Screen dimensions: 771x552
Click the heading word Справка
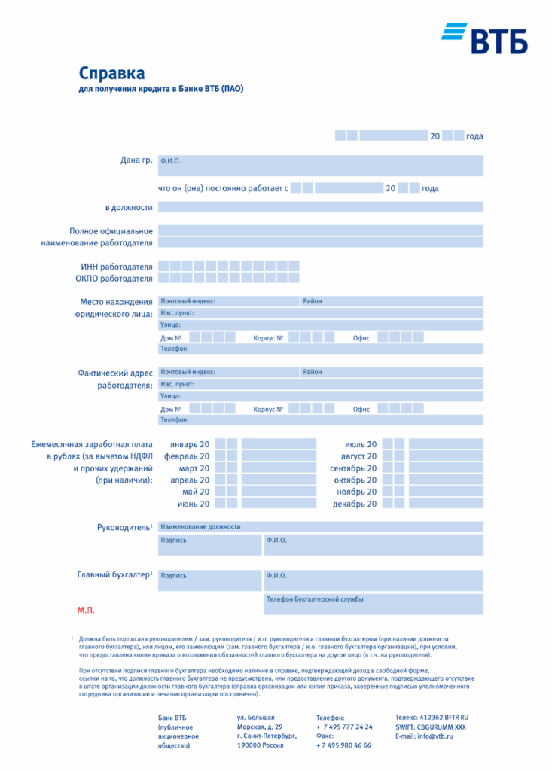click(111, 73)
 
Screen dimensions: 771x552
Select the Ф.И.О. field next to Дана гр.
click(320, 166)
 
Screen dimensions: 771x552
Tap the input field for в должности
click(320, 207)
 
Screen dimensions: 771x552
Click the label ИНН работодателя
click(117, 267)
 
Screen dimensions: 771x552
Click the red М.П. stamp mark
click(86, 610)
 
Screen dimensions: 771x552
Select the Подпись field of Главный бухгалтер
click(209, 580)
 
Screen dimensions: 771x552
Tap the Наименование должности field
click(320, 526)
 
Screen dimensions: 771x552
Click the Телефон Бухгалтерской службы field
click(373, 604)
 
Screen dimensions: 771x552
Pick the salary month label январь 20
click(190, 444)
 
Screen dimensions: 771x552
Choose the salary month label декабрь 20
click(355, 504)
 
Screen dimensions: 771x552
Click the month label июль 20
click(361, 444)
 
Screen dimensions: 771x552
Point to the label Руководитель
click(124, 527)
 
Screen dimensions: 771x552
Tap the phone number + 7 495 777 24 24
click(344, 727)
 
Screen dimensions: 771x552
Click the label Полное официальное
click(111, 231)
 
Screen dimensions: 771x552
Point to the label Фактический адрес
click(115, 373)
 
